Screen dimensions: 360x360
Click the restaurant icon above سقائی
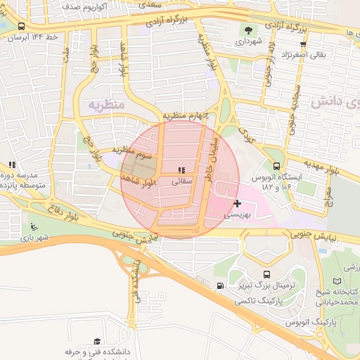[181, 169]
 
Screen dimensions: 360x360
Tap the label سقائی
[181, 181]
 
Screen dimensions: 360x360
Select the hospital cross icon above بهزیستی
[237, 203]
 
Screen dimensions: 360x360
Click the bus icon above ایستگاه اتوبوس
[276, 167]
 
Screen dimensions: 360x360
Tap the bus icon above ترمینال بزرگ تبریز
[266, 274]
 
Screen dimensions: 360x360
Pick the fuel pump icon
[221, 285]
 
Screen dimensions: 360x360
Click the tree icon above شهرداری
[247, 30]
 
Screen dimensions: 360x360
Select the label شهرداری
[247, 41]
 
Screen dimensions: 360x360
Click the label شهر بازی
[34, 238]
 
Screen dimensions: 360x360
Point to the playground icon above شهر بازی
[32, 226]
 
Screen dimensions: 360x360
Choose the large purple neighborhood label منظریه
[105, 104]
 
